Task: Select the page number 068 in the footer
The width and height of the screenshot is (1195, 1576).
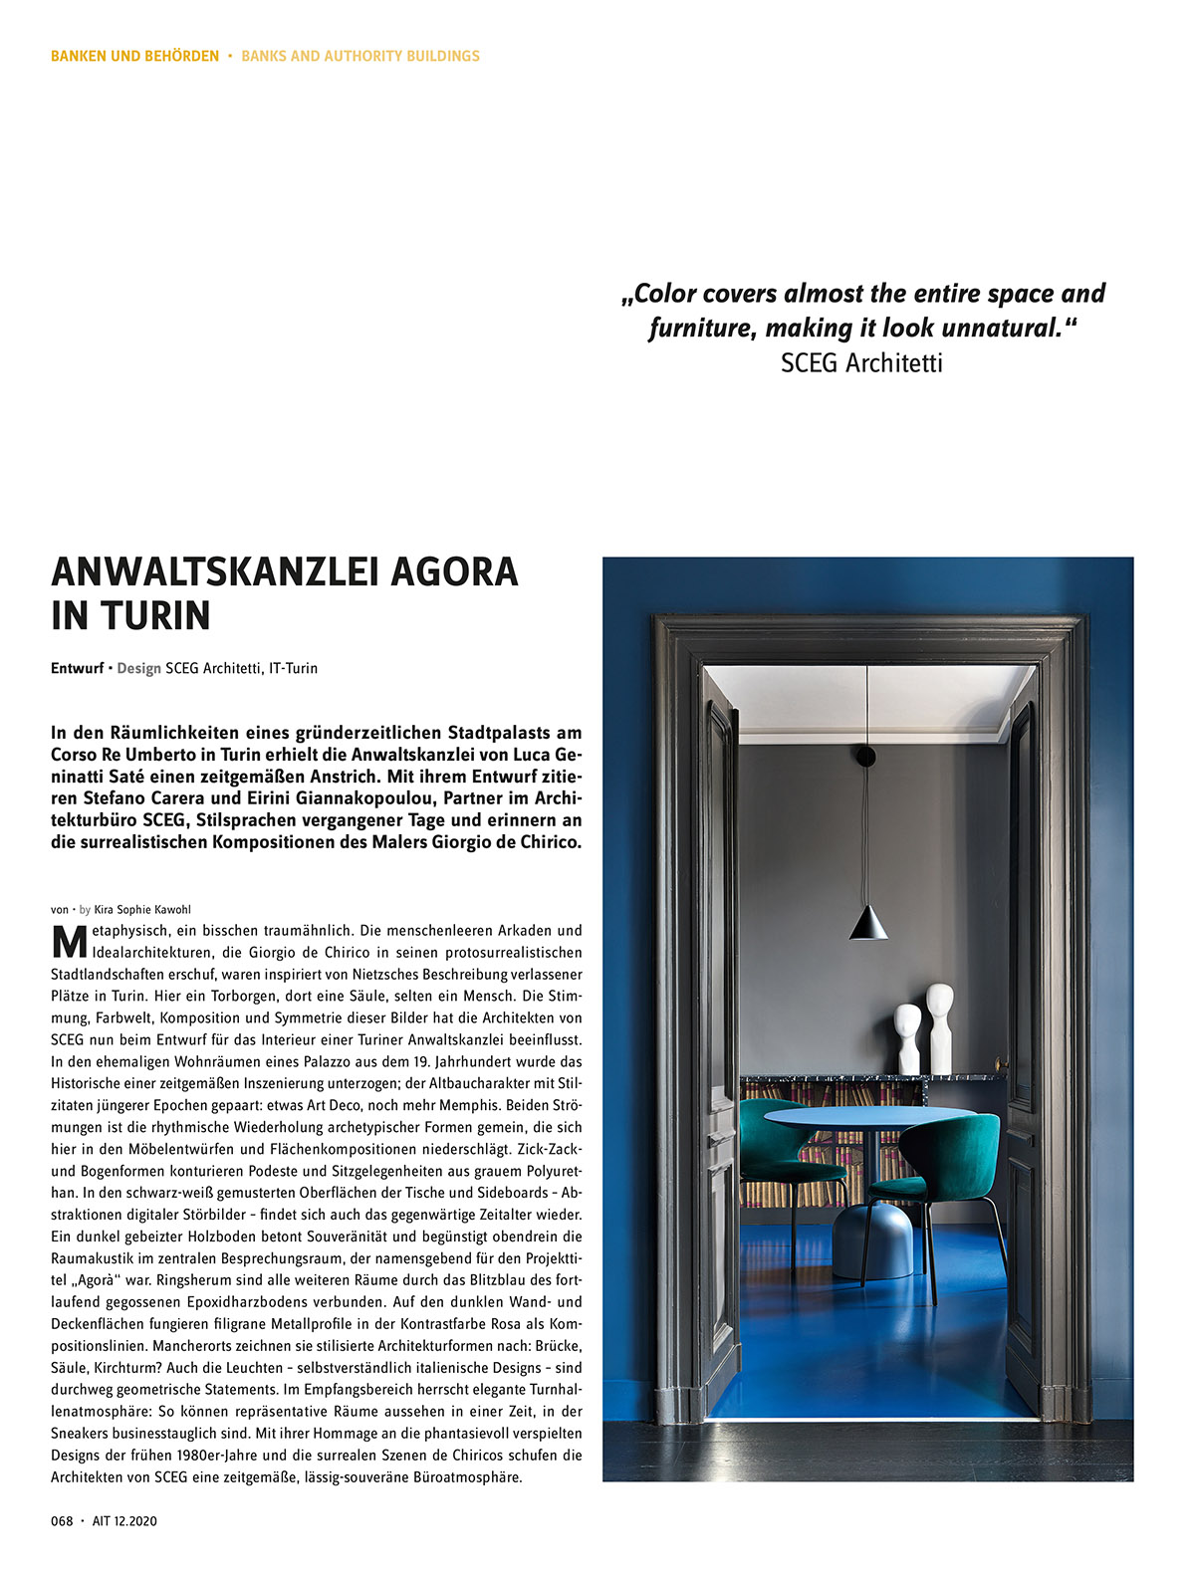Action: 62,1520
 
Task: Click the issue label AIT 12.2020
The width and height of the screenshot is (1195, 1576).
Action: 124,1520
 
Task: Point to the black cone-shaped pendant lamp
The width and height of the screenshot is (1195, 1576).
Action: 868,923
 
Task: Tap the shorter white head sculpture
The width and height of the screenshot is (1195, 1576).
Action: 907,1038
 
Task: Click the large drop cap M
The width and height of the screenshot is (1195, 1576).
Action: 69,942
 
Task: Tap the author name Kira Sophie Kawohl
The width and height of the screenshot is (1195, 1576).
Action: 142,909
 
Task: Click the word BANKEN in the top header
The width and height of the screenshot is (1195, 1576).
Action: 79,56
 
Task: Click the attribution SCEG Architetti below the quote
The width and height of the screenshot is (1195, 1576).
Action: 861,362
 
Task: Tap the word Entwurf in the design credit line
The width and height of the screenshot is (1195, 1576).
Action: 77,668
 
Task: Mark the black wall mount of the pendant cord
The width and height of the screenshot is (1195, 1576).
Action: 866,756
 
